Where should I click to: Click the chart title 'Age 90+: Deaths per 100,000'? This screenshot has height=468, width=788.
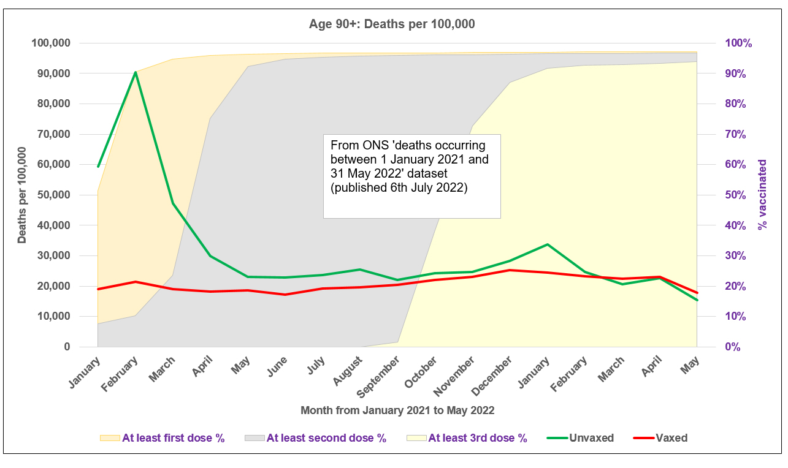(x=392, y=25)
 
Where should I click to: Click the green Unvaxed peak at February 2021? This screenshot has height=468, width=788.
(x=136, y=72)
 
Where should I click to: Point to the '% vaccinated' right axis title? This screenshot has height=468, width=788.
(x=763, y=195)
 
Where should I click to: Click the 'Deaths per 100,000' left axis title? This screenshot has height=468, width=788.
(x=22, y=195)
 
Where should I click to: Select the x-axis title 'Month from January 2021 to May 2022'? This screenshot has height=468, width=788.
(x=397, y=410)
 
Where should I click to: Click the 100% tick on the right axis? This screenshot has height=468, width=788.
(x=738, y=43)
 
